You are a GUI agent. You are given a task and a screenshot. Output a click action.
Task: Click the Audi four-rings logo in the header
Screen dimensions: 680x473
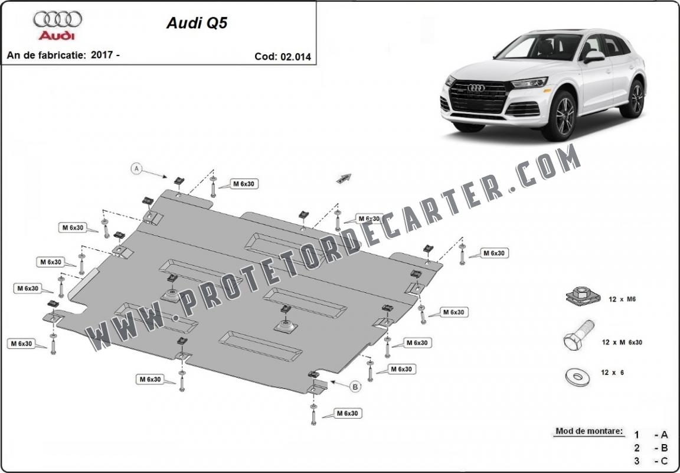tap(58, 19)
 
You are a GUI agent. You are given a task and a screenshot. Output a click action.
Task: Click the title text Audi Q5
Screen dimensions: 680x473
tap(197, 23)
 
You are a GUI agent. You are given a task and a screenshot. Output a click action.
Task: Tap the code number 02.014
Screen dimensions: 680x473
tap(296, 57)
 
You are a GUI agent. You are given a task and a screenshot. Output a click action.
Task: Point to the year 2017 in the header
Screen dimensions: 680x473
tap(102, 55)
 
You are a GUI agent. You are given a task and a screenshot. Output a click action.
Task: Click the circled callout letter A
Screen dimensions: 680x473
tap(137, 168)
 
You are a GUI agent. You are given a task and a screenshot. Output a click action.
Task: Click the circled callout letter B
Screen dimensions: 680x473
tap(355, 387)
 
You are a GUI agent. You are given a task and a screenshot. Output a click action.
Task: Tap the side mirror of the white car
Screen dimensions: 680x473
tap(593, 57)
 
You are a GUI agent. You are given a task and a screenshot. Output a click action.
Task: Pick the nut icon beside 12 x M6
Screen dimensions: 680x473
tap(583, 296)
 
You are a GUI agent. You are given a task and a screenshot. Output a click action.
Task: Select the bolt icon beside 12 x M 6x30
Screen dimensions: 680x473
tap(579, 335)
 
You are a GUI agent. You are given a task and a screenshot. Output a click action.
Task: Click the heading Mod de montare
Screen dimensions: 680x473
tap(589, 431)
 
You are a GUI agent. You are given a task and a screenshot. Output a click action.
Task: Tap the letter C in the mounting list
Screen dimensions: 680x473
tap(664, 461)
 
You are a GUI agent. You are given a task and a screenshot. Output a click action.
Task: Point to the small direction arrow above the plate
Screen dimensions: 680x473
tap(344, 178)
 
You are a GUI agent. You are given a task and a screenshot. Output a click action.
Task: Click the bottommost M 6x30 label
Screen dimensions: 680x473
tap(347, 413)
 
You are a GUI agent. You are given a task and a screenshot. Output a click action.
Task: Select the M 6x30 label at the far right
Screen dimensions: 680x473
tap(494, 253)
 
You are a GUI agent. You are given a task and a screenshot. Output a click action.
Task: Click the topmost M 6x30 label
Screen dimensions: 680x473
tap(244, 184)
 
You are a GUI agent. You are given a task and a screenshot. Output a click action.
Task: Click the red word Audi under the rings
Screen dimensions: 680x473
tap(57, 35)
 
